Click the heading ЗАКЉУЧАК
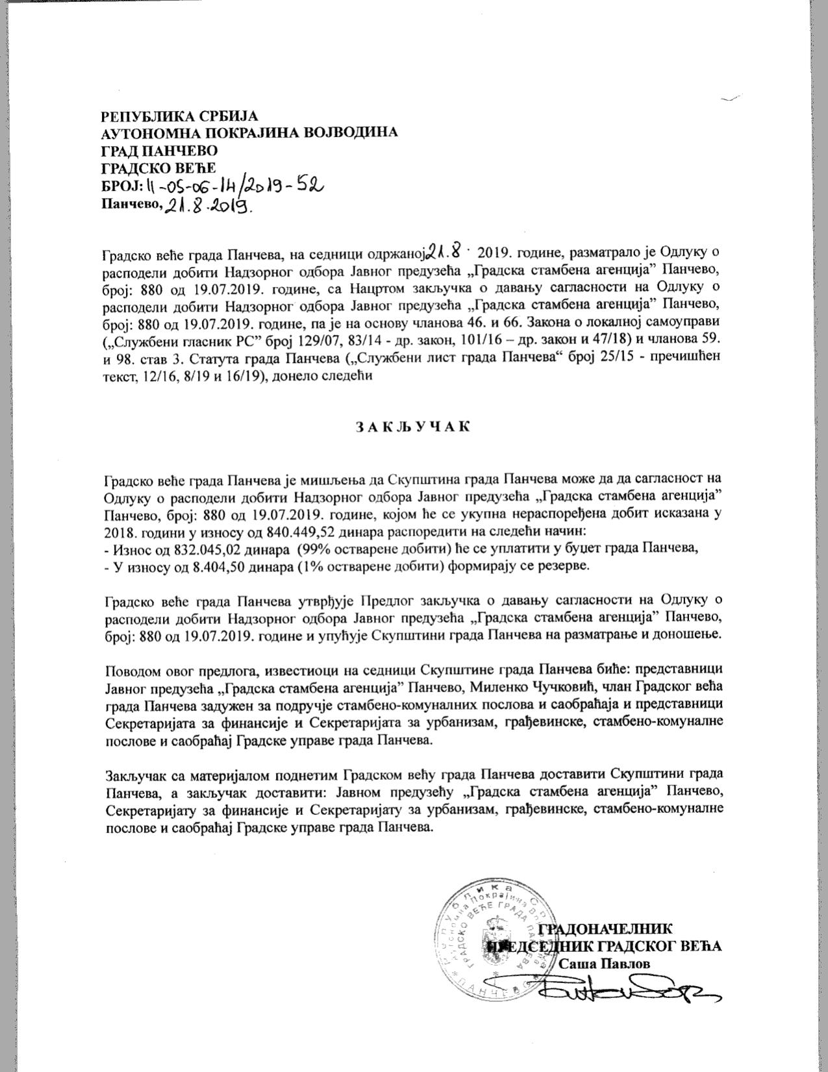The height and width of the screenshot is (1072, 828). tap(412, 427)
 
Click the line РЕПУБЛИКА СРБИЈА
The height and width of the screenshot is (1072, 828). tap(180, 116)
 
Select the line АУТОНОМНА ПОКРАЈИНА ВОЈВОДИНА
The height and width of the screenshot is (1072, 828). tap(249, 133)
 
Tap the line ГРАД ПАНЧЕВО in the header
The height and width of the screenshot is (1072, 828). tap(159, 151)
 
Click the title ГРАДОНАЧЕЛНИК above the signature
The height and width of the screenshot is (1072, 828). tap(605, 929)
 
